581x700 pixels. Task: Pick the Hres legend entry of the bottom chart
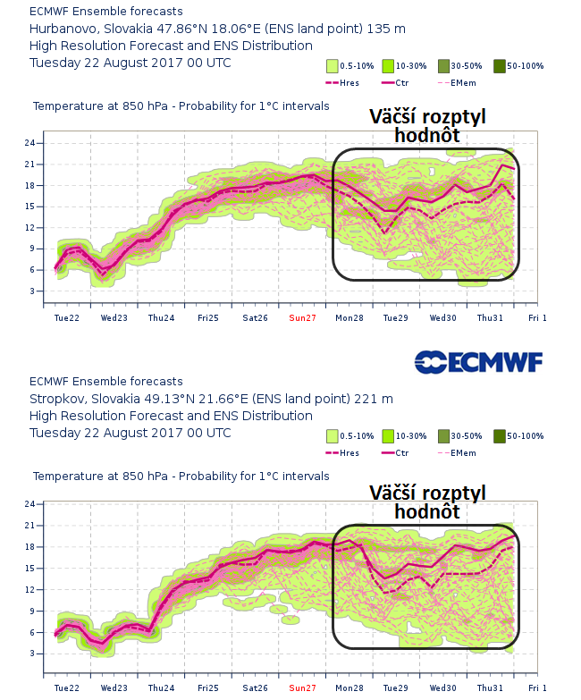[347, 453]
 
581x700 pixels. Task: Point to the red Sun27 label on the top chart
[303, 317]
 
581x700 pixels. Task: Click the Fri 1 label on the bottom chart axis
[537, 687]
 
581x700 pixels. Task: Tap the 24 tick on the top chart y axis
[29, 143]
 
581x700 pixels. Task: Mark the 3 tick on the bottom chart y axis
[30, 654]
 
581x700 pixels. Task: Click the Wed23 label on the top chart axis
[114, 317]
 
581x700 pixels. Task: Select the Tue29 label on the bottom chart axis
[396, 687]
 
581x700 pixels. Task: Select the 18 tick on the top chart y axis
[29, 185]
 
